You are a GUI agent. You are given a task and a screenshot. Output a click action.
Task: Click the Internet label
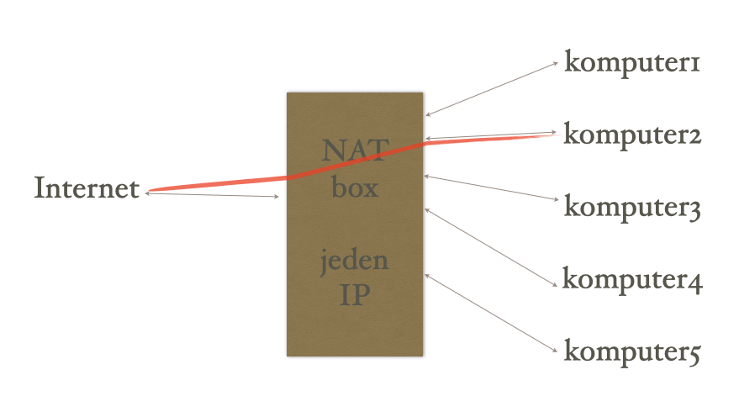(x=86, y=188)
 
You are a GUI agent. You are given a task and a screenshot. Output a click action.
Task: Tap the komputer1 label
(x=631, y=63)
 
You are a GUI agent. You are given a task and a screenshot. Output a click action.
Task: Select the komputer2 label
(x=631, y=135)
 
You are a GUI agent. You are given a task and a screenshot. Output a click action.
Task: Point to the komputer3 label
(x=631, y=207)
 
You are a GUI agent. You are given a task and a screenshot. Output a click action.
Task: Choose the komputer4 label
(x=631, y=279)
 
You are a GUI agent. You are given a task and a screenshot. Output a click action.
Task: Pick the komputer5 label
(x=631, y=351)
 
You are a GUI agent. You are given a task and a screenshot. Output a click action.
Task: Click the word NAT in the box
(x=355, y=151)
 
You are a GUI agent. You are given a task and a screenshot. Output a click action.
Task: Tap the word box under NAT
(x=355, y=187)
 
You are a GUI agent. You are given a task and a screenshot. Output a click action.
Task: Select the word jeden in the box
(x=355, y=260)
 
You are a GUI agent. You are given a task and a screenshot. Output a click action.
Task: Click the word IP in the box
(x=355, y=295)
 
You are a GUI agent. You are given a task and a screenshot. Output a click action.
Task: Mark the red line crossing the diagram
(x=219, y=183)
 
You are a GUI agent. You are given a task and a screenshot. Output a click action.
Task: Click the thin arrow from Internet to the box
(x=214, y=195)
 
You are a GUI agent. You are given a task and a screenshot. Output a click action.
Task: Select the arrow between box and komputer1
(x=492, y=88)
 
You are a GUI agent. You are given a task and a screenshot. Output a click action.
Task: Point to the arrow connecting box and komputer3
(x=492, y=188)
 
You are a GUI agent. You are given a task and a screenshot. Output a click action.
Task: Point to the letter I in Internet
(x=39, y=188)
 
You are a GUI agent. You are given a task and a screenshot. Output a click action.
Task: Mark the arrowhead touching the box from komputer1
(x=428, y=114)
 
